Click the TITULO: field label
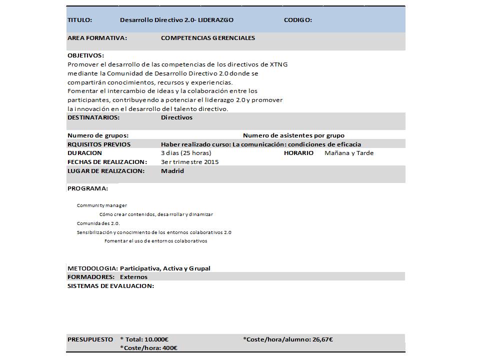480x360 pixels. tap(79, 20)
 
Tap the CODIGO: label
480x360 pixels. tap(298, 20)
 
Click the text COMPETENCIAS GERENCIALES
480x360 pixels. tap(208, 38)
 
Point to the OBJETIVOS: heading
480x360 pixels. tap(85, 55)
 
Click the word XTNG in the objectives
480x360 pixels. tap(278, 64)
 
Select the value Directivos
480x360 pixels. tap(176, 117)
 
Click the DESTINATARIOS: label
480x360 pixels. tap(93, 117)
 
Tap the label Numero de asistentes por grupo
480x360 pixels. tap(293, 135)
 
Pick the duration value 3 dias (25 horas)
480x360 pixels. tap(186, 153)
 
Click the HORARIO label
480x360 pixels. tap(298, 153)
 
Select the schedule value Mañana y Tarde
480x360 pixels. tap(349, 153)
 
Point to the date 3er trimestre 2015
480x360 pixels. tap(189, 162)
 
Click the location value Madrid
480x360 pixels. tap(172, 171)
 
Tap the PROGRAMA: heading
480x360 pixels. tap(87, 188)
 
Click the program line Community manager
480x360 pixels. tap(102, 205)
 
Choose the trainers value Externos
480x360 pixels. tap(134, 277)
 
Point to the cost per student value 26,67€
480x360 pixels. tap(322, 339)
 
